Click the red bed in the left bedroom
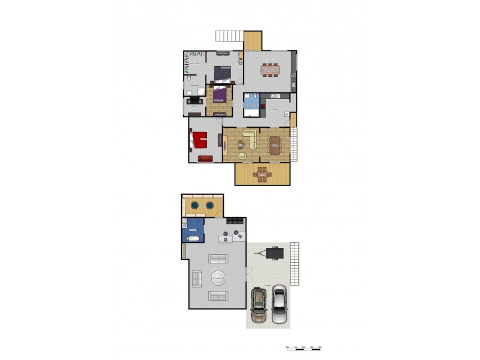click(199, 140)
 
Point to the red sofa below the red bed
click(205, 159)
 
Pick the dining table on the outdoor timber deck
click(262, 175)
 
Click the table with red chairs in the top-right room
click(270, 69)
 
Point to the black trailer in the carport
click(275, 253)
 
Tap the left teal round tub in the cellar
click(195, 206)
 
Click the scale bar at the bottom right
click(305, 349)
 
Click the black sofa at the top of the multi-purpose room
click(235, 221)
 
